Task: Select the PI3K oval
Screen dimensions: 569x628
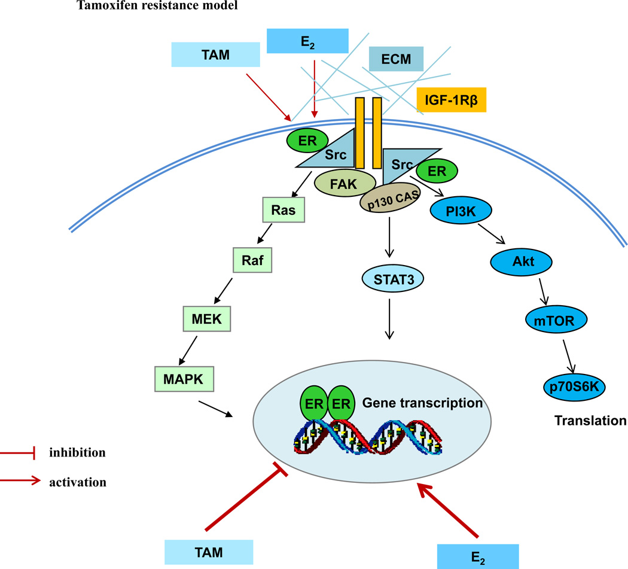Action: [461, 211]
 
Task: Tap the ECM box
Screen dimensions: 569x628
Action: [397, 59]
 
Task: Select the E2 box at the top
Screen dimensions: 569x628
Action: [307, 41]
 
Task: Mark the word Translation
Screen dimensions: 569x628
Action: [590, 421]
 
